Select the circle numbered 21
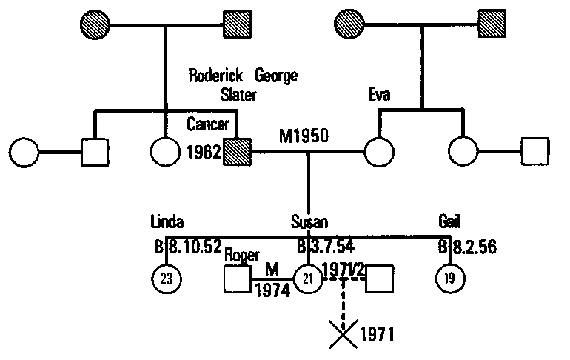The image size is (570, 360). (x=308, y=279)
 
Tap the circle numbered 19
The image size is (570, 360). (x=449, y=279)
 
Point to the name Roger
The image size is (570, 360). (x=243, y=256)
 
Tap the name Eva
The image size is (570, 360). (x=380, y=95)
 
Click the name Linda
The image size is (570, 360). (x=167, y=223)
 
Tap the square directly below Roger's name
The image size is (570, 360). (x=237, y=279)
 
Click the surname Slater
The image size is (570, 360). (x=238, y=95)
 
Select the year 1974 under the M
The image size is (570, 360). (x=271, y=291)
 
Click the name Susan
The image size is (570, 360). (x=309, y=223)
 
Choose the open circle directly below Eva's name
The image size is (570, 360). (x=379, y=153)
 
